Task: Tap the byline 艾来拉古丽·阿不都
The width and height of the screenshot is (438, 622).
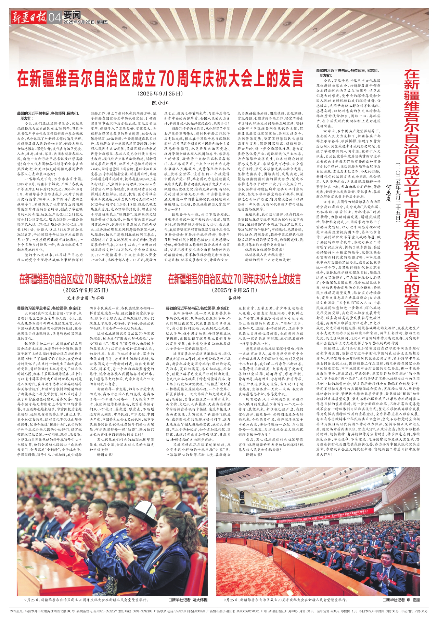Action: pos(86,298)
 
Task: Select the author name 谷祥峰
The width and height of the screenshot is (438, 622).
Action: pos(234,298)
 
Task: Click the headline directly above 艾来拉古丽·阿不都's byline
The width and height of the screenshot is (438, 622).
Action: pos(86,279)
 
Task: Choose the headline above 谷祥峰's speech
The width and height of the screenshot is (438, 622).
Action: pos(234,279)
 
